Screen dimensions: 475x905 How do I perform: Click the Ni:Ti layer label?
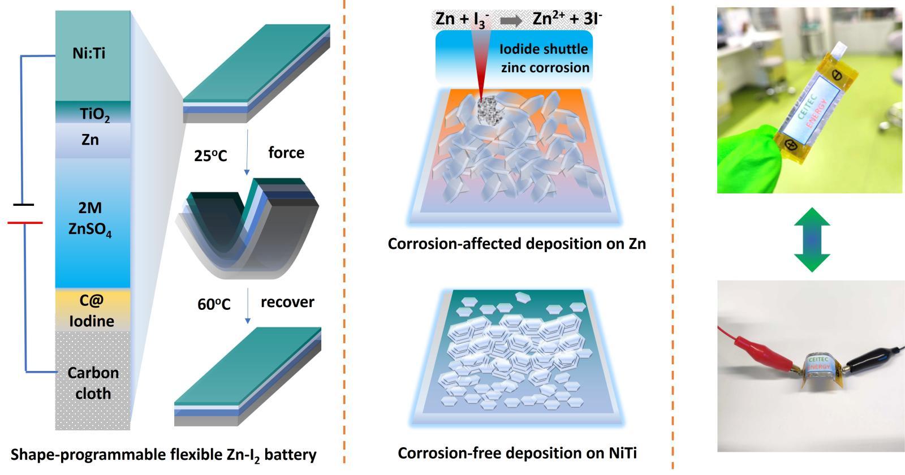pyautogui.click(x=89, y=54)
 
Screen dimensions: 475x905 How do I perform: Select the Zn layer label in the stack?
pyautogui.click(x=90, y=139)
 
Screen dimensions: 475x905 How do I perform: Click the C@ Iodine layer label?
pyautogui.click(x=92, y=312)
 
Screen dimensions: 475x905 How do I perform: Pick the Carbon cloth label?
pyautogui.click(x=93, y=383)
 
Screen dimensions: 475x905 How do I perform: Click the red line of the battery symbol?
pyautogui.click(x=25, y=223)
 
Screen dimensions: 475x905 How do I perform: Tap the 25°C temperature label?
pyautogui.click(x=210, y=156)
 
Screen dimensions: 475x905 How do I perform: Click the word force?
pyautogui.click(x=286, y=153)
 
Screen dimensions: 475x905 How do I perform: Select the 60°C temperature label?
pyautogui.click(x=214, y=304)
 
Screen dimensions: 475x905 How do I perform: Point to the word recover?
pyautogui.click(x=287, y=302)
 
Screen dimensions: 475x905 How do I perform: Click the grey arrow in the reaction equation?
pyautogui.click(x=511, y=20)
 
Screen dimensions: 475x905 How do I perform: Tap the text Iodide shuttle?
pyautogui.click(x=544, y=49)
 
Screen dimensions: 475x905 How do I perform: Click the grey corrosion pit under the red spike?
pyautogui.click(x=486, y=111)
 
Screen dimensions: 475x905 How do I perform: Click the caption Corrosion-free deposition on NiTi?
pyautogui.click(x=517, y=453)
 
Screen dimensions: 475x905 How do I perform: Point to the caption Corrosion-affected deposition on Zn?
pyautogui.click(x=516, y=244)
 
